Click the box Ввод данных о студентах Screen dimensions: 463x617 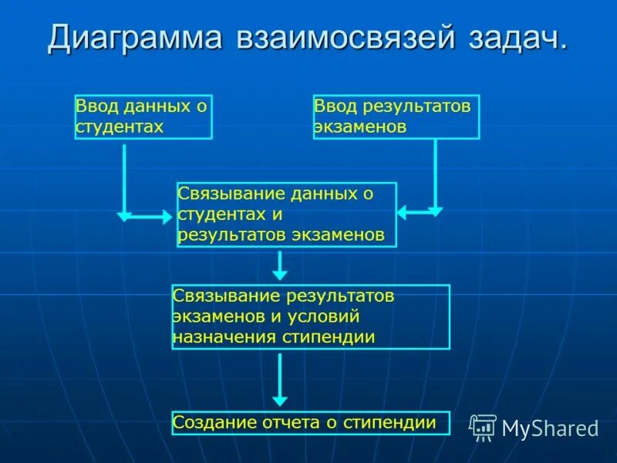143,117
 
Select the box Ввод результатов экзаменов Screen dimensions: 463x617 396,117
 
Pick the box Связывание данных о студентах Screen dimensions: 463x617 286,215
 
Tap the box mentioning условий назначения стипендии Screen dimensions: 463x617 310,317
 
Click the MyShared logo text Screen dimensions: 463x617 550,429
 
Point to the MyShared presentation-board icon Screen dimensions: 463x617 484,428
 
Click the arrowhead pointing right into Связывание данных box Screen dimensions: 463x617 167,217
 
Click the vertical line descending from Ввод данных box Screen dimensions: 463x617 124,177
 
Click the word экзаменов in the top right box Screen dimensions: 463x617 360,127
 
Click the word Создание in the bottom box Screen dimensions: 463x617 207,423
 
